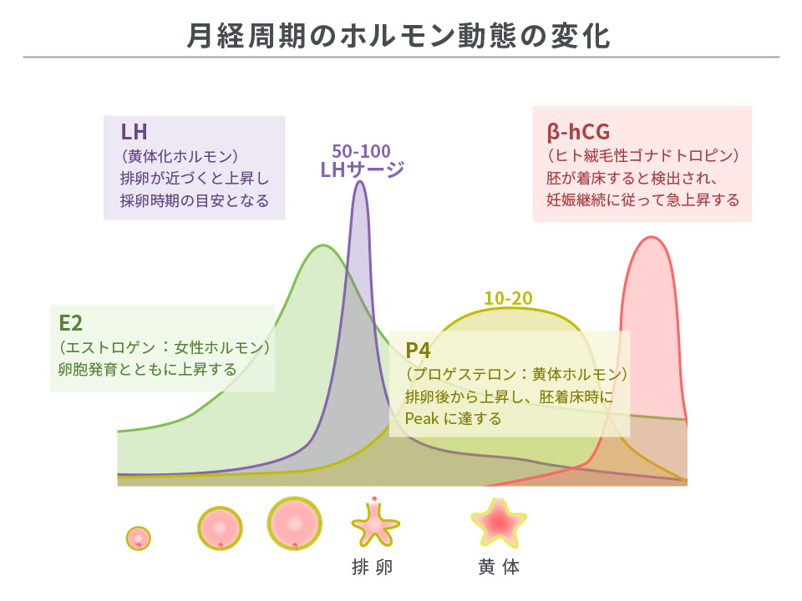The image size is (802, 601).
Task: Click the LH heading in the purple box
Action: point(135,132)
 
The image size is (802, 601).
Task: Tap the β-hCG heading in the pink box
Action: point(579,131)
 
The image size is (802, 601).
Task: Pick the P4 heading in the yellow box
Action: point(419,350)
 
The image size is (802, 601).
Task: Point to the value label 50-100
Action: point(361,151)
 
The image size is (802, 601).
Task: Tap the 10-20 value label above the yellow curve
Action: point(508,298)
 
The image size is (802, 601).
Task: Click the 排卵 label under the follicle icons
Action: point(372,568)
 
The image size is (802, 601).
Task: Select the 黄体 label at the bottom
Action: point(499,568)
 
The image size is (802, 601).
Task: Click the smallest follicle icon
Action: point(139,537)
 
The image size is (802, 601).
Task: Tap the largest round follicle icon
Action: point(294,523)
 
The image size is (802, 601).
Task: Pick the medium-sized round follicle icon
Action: point(220,528)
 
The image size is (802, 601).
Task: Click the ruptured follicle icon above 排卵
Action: point(373,524)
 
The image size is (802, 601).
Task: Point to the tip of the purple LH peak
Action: point(360,182)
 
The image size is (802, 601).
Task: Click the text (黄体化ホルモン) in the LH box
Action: point(180,156)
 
